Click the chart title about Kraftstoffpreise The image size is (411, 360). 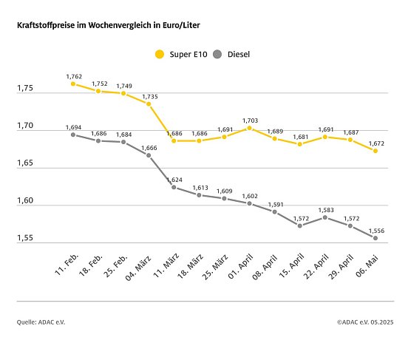pyautogui.click(x=109, y=25)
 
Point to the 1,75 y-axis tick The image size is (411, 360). pyautogui.click(x=26, y=89)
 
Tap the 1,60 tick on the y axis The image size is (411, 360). pyautogui.click(x=26, y=202)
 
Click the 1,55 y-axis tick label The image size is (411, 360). pyautogui.click(x=26, y=240)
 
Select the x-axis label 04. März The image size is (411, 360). pyautogui.click(x=140, y=263)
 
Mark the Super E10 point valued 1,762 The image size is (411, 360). pyautogui.click(x=73, y=84)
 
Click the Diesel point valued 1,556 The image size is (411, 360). pyautogui.click(x=376, y=238)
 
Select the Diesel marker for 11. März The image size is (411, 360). pyautogui.click(x=174, y=187)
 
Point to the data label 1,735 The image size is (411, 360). pyautogui.click(x=149, y=95)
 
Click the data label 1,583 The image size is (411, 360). pyautogui.click(x=325, y=209)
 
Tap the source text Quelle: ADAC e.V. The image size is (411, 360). pyautogui.click(x=41, y=322)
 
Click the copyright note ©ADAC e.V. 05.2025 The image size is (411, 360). pyautogui.click(x=365, y=322)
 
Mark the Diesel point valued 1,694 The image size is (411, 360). pyautogui.click(x=73, y=135)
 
